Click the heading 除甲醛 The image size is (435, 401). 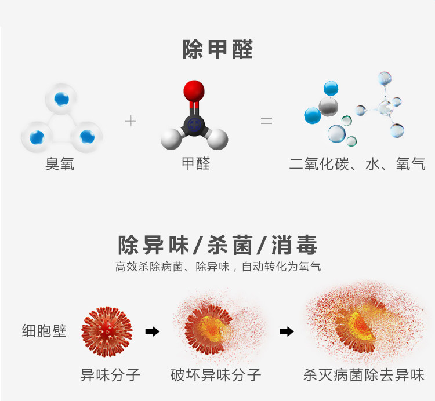click(217, 49)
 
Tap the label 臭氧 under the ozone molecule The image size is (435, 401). click(60, 165)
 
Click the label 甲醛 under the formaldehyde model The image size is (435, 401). click(195, 163)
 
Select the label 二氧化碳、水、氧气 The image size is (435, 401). click(357, 165)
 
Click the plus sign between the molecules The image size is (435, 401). click(131, 121)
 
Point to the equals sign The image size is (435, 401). click(266, 121)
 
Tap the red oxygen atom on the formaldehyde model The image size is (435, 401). click(194, 91)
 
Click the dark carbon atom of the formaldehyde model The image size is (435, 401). click(194, 122)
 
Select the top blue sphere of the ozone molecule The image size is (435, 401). click(61, 99)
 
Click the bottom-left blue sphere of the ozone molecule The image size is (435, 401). click(37, 137)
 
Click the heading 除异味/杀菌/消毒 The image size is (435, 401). click(217, 245)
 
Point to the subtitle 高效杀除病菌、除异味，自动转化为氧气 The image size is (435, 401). click(217, 267)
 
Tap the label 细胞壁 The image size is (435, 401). click(45, 331)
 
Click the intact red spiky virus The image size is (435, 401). click(107, 331)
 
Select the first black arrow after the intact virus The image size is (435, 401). click(152, 331)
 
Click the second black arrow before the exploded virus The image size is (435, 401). click(287, 331)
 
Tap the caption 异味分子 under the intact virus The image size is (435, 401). click(110, 375)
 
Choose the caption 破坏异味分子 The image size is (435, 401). click(216, 375)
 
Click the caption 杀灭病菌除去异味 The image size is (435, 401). click(364, 375)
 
